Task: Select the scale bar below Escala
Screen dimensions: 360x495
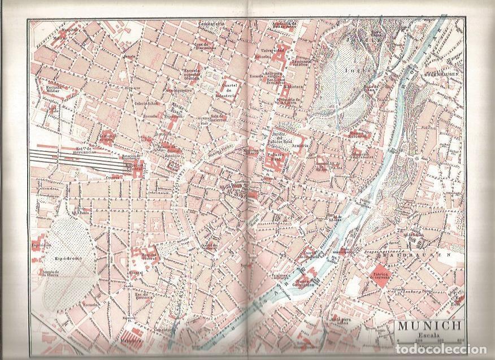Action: (429, 341)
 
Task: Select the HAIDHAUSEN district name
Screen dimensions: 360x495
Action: (418, 255)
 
